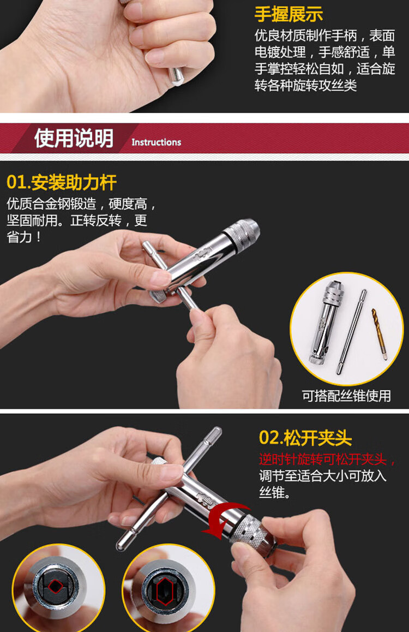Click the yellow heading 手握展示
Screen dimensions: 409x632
(x=288, y=14)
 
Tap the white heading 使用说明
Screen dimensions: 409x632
(x=74, y=138)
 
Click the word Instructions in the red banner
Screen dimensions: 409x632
(x=156, y=142)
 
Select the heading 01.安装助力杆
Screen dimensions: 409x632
(x=62, y=182)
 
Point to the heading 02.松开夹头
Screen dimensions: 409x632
(x=305, y=438)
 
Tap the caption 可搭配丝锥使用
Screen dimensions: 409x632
(x=347, y=396)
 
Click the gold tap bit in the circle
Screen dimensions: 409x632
(x=380, y=334)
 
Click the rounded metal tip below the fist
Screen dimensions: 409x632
(x=176, y=76)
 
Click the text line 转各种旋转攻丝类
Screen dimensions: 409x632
(x=305, y=85)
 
